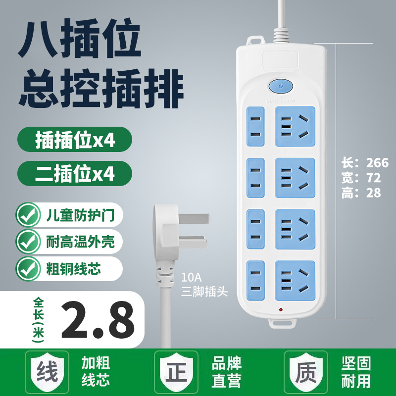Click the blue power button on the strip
[281, 87]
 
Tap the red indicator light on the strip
[281, 309]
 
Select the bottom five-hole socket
[296, 281]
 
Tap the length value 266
[377, 163]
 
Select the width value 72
[373, 178]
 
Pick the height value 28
[373, 193]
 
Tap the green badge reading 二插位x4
[75, 173]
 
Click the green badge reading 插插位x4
[75, 141]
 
